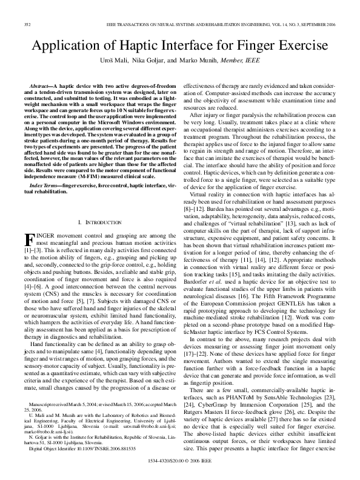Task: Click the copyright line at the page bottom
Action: point(180,461)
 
